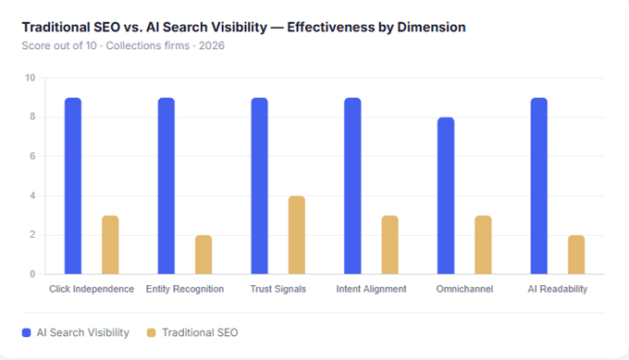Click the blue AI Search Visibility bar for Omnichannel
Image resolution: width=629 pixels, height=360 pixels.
(x=446, y=195)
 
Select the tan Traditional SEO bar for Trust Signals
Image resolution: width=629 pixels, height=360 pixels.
(x=297, y=235)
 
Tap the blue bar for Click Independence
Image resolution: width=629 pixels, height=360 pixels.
(x=73, y=185)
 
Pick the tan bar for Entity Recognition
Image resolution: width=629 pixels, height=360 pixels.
(x=203, y=254)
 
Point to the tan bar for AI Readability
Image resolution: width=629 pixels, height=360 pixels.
(x=576, y=254)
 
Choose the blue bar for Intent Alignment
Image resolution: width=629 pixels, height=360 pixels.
(x=352, y=185)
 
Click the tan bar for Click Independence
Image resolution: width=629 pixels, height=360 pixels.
(x=110, y=244)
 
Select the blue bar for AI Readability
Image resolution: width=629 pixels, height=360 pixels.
(x=539, y=185)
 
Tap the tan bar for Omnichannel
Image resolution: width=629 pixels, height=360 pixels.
(x=483, y=244)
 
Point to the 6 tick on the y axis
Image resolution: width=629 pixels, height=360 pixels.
(x=31, y=156)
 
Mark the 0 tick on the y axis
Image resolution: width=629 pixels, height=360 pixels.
(x=31, y=274)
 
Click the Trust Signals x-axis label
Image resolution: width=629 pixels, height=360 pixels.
(x=277, y=289)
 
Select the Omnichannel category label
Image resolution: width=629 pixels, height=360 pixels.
(x=464, y=289)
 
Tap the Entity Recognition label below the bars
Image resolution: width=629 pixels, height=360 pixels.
(x=185, y=289)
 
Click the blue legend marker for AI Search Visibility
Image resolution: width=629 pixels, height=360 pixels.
(x=26, y=331)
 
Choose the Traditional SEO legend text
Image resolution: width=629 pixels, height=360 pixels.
(x=200, y=331)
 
